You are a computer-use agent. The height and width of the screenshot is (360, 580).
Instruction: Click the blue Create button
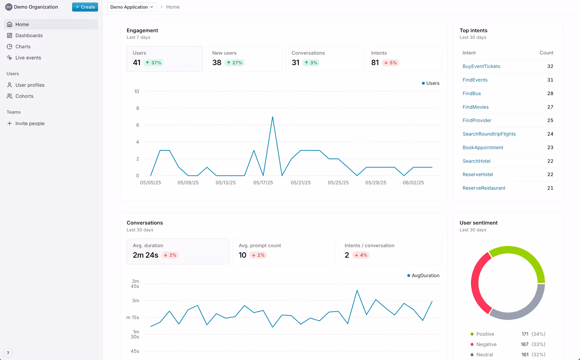click(x=85, y=7)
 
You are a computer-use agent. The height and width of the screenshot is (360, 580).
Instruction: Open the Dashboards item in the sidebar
click(x=29, y=35)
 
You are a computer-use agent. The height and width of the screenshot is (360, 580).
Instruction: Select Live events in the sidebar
click(x=28, y=58)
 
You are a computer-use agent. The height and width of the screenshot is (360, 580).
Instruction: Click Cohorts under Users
click(x=24, y=96)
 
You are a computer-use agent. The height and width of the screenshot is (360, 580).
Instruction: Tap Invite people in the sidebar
click(x=30, y=123)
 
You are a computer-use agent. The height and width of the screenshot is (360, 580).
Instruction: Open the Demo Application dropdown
click(x=132, y=7)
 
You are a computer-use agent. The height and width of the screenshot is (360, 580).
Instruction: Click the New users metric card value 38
click(x=217, y=62)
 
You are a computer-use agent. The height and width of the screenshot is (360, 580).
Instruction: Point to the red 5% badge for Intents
click(x=391, y=63)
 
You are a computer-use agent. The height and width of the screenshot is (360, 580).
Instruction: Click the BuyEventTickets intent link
click(x=481, y=66)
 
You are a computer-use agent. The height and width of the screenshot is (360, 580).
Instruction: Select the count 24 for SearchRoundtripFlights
click(x=550, y=134)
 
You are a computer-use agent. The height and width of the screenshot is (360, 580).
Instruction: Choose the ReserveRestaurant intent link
click(x=484, y=188)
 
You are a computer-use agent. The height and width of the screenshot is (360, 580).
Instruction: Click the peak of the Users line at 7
click(x=273, y=117)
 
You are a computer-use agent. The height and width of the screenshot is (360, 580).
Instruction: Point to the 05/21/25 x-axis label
click(x=300, y=183)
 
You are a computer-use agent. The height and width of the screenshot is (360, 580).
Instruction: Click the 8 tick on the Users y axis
click(x=138, y=108)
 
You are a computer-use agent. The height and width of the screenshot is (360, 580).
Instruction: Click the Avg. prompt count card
click(x=284, y=251)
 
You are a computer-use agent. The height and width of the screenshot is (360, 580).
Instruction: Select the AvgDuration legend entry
click(x=423, y=276)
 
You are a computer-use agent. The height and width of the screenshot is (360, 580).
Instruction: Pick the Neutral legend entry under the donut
click(x=484, y=355)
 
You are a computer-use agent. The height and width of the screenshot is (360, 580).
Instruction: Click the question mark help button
click(x=8, y=353)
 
